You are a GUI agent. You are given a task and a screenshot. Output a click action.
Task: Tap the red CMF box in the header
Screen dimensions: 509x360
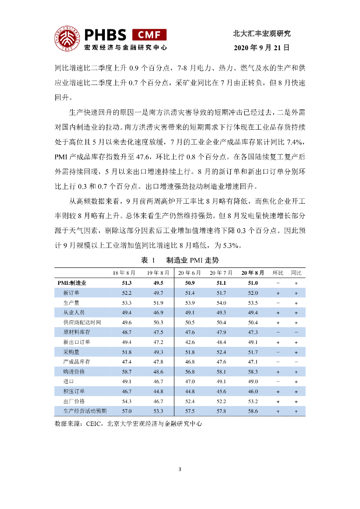coord(149,34)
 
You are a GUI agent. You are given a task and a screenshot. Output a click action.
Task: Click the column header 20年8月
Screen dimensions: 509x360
coord(253,273)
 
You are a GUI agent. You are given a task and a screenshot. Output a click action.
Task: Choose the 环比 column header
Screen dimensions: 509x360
coord(277,273)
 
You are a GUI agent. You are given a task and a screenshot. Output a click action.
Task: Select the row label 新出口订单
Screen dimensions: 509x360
coord(77,342)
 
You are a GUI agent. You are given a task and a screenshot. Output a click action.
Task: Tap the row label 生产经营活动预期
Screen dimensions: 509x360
coord(85,411)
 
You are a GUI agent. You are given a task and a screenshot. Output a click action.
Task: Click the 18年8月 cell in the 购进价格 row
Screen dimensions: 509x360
coord(126,372)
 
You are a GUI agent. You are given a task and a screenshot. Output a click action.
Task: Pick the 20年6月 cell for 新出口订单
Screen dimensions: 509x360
coord(189,342)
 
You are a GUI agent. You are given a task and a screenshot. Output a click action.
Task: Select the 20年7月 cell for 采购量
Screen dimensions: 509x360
coord(221,352)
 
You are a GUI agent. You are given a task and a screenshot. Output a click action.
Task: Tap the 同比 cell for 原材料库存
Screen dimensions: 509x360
coord(296,332)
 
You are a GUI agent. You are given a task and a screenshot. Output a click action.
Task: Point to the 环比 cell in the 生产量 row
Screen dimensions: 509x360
coord(277,303)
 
